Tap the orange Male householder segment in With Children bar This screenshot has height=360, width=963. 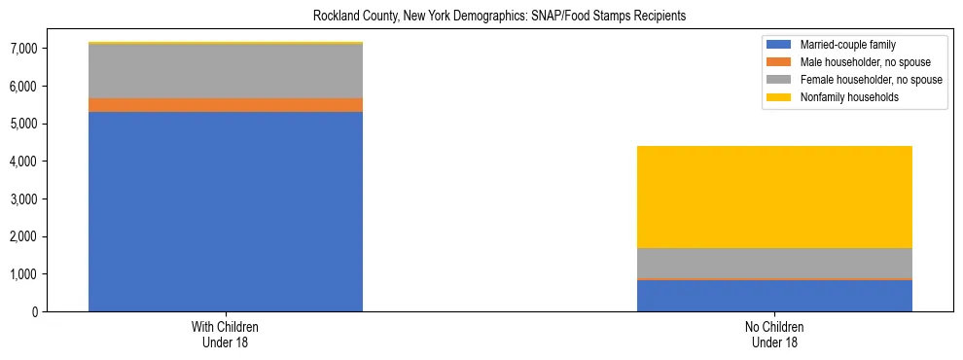click(x=226, y=105)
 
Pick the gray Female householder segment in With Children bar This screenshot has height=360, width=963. click(x=226, y=71)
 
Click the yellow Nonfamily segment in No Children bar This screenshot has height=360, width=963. click(x=774, y=197)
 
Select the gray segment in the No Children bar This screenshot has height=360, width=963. click(x=774, y=263)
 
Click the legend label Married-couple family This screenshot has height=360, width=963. click(x=847, y=45)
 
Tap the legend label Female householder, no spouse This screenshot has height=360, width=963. click(x=871, y=80)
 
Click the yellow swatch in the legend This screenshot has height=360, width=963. click(x=779, y=97)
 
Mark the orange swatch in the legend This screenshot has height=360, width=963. click(x=779, y=62)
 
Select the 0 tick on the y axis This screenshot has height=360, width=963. click(x=35, y=312)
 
